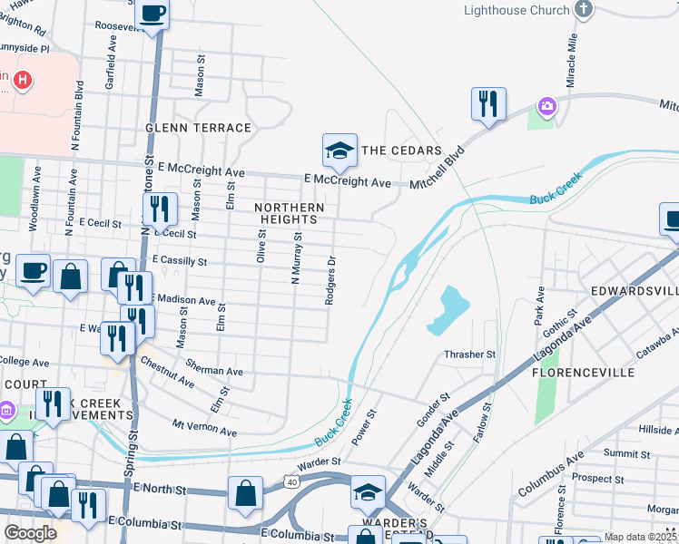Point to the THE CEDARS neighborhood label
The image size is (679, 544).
click(x=401, y=151)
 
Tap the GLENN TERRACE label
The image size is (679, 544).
click(x=198, y=128)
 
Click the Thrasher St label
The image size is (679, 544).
click(x=470, y=355)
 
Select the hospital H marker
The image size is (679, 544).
click(x=22, y=81)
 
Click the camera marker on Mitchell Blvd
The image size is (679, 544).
click(x=546, y=107)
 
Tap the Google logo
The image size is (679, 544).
click(x=30, y=533)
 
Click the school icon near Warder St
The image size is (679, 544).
click(x=368, y=492)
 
